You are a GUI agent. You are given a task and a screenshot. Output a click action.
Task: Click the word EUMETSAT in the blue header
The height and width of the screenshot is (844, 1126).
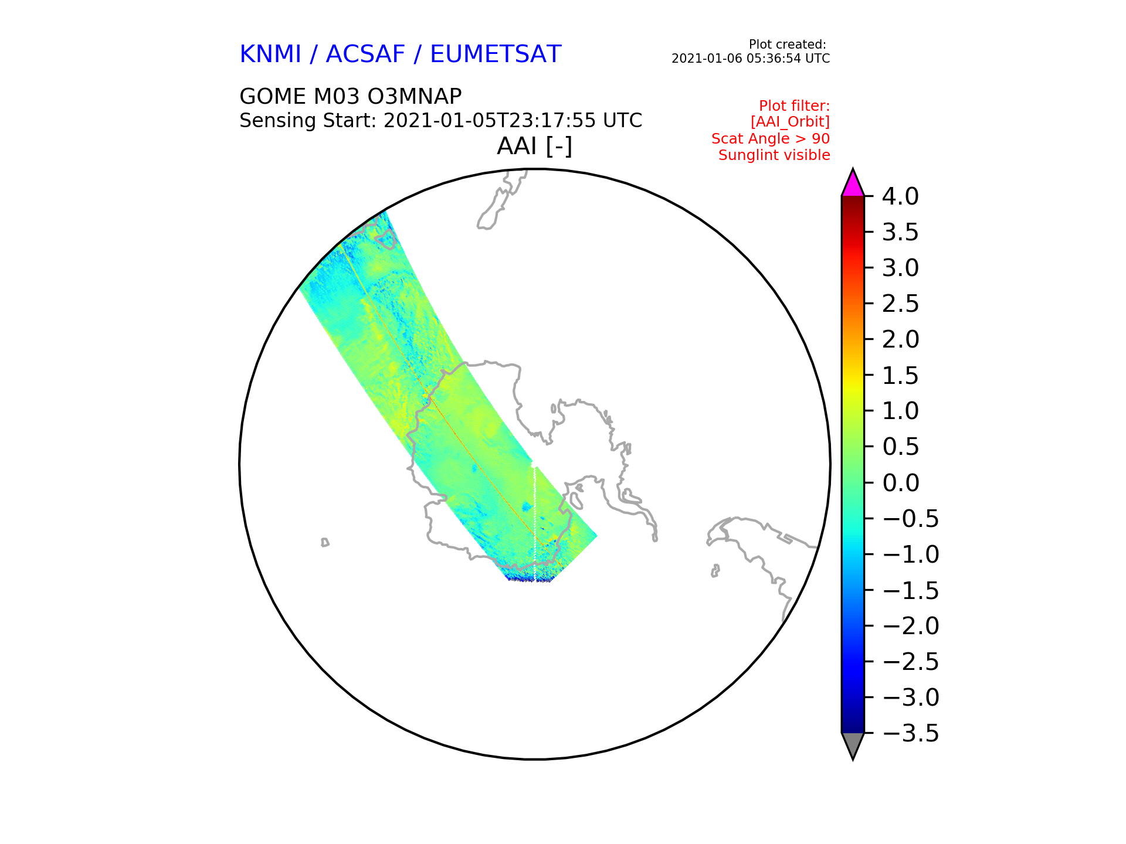(496, 55)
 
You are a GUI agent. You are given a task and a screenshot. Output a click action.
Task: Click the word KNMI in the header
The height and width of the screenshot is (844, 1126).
(270, 55)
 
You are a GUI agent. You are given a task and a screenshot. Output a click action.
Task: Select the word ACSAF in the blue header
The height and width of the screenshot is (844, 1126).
(365, 55)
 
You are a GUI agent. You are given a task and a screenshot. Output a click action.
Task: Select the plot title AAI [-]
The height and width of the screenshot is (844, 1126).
(534, 146)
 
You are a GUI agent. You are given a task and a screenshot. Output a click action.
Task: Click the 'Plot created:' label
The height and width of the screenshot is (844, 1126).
(788, 45)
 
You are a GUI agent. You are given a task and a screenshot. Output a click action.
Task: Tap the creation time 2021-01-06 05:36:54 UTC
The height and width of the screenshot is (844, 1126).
(751, 59)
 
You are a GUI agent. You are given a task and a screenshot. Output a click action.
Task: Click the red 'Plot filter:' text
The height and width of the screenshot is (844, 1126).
(795, 106)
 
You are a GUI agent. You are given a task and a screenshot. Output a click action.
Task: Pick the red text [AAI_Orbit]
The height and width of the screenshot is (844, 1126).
(790, 122)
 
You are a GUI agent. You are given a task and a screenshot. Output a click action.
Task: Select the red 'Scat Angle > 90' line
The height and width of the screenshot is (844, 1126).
(771, 139)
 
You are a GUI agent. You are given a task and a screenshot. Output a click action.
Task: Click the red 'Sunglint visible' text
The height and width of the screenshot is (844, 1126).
(774, 155)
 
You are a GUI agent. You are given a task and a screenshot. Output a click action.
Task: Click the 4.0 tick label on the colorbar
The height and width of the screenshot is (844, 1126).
(900, 196)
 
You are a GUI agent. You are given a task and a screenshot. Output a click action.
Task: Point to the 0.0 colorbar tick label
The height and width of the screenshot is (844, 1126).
(900, 483)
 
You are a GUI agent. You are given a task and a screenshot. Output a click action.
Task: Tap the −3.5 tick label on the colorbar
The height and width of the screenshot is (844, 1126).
(911, 733)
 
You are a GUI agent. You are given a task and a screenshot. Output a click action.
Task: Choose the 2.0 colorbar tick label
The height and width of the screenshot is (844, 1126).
(900, 339)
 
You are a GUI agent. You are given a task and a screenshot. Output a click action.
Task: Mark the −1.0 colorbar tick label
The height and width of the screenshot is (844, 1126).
(911, 554)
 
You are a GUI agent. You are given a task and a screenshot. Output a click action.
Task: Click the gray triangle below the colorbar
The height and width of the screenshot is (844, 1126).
(853, 744)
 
